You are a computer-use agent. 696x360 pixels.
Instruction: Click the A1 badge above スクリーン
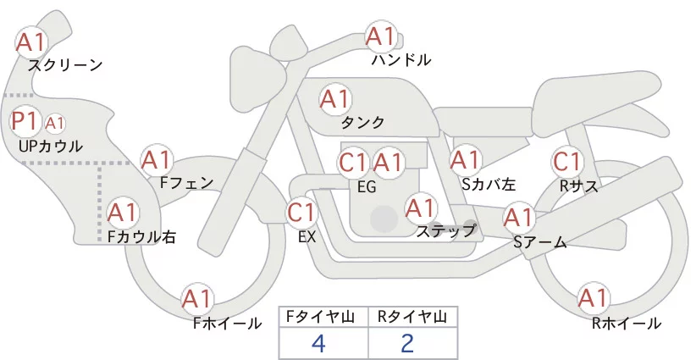point(31,41)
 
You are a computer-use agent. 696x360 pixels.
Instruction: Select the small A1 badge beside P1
point(54,124)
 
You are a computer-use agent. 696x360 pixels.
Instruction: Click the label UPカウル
point(50,147)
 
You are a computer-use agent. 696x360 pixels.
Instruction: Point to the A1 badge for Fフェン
point(156,159)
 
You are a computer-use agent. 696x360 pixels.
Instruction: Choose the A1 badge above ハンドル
point(380,36)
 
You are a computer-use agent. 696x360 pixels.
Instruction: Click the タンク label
point(362,123)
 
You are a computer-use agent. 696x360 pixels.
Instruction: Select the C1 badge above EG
point(353,162)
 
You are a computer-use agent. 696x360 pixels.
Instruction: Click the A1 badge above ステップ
point(420,208)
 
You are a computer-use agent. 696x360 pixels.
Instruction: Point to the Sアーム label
point(539,242)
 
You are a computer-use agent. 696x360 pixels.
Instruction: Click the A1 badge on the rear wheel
point(592,298)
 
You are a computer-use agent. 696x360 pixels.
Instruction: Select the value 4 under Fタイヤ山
point(318,343)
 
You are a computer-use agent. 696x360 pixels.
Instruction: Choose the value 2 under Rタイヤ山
point(407,343)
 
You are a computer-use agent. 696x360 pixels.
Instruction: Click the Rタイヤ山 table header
point(412,317)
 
